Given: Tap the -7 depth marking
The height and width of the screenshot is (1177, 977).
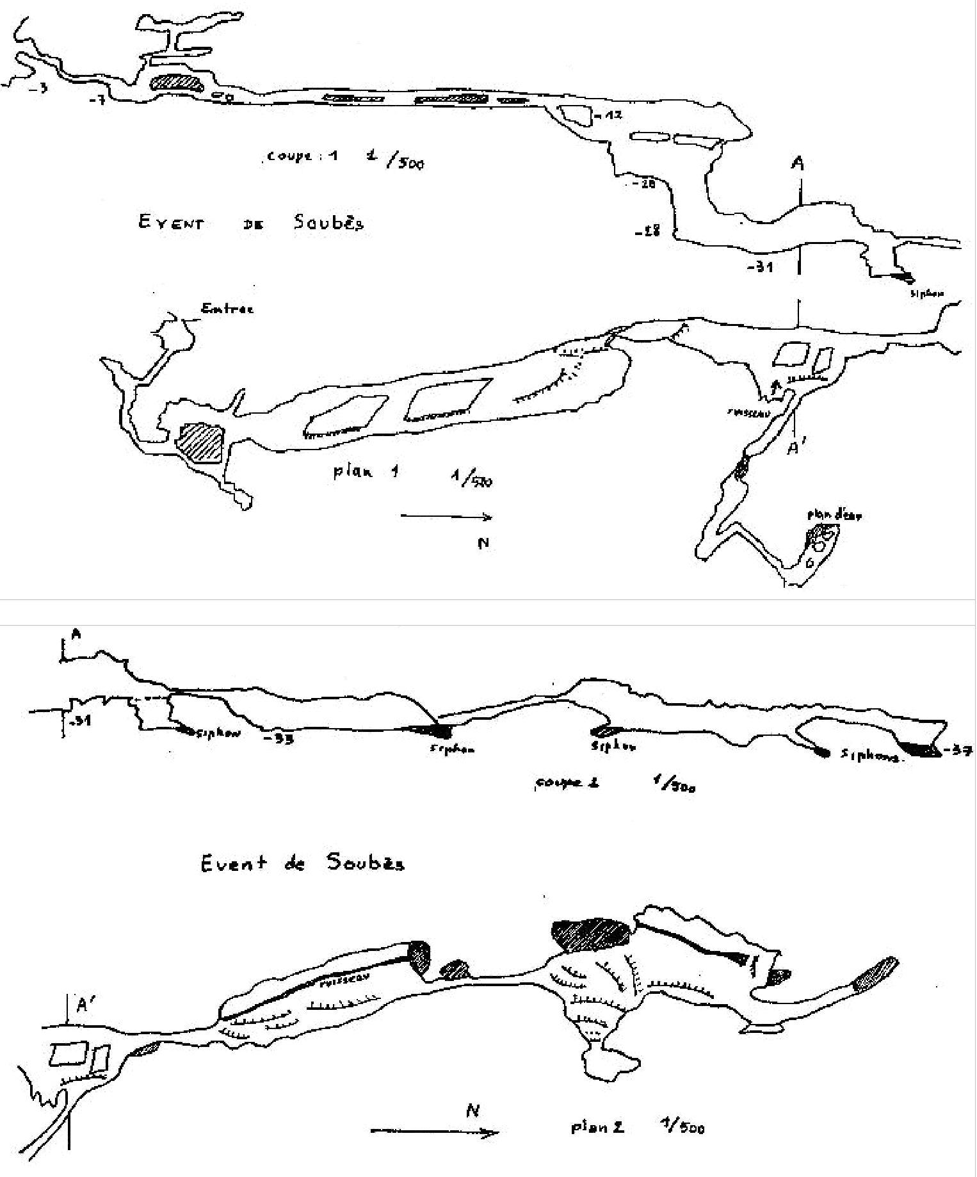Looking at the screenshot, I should pos(97,99).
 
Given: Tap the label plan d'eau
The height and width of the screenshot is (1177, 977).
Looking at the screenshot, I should pos(834,515).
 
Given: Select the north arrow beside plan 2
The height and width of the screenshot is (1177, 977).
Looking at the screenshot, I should pos(435,1132).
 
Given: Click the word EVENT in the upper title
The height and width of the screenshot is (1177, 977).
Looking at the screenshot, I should pos(171,223).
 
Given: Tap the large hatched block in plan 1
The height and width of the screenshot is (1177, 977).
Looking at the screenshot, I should pos(200,442).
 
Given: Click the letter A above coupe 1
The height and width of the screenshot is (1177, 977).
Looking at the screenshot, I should pos(798,164).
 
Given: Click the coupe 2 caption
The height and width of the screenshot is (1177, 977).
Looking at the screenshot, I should pos(567,783).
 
